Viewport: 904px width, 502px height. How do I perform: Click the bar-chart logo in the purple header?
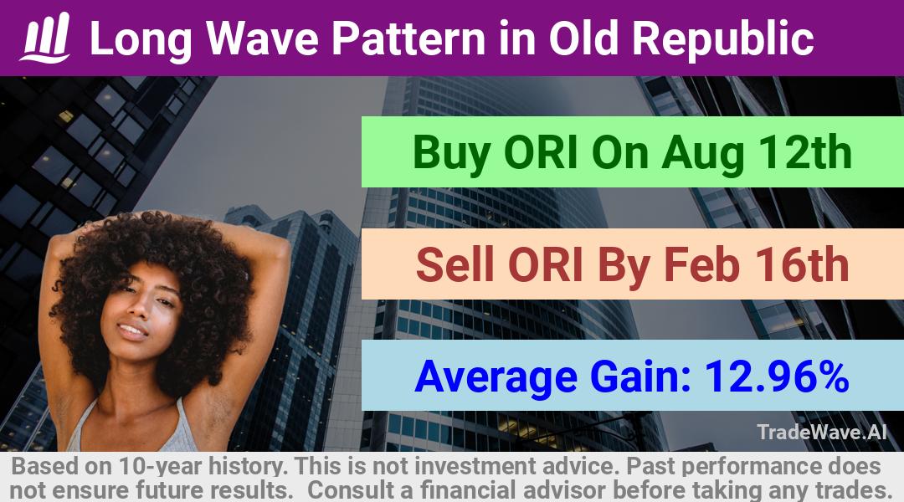[x=45, y=38]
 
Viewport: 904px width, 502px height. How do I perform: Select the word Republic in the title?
[x=722, y=38]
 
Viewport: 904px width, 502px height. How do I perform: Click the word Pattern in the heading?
[x=408, y=38]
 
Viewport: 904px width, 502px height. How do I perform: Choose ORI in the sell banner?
[x=545, y=265]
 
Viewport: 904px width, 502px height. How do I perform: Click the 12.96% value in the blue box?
[x=777, y=376]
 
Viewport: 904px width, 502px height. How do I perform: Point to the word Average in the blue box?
[x=496, y=377]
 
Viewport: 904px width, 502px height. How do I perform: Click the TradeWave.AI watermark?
[x=822, y=432]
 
